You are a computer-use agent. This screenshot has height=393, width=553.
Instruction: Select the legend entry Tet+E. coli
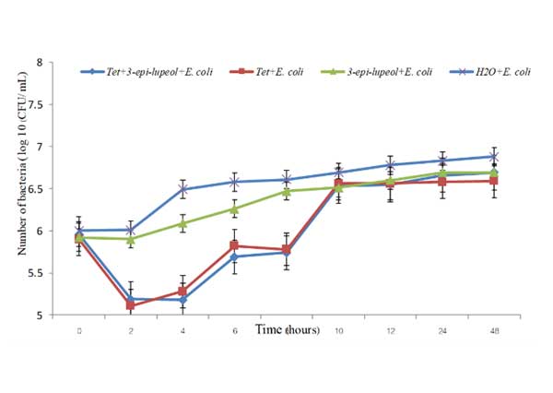[x=267, y=72]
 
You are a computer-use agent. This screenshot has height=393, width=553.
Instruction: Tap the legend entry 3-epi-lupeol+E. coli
[x=374, y=72]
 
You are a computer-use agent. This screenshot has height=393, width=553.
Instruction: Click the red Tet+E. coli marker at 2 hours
[x=131, y=304]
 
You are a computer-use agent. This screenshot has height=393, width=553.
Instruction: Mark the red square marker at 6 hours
[x=235, y=245]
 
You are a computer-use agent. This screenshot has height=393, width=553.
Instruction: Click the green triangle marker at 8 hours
[x=287, y=191]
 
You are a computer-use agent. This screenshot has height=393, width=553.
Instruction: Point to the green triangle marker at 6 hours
[x=235, y=208]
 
